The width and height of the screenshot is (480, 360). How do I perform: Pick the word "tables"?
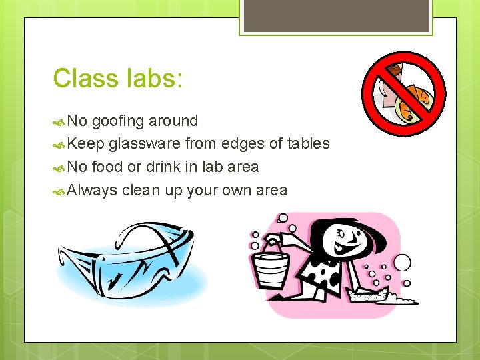tap(308, 144)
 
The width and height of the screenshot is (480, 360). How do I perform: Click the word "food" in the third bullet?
tap(107, 167)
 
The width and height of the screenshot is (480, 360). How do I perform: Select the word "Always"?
tap(92, 190)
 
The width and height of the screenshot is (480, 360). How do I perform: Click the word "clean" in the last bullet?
tap(142, 190)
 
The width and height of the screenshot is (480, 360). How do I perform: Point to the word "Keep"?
tap(85, 144)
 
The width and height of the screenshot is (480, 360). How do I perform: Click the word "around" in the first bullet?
tap(173, 121)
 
